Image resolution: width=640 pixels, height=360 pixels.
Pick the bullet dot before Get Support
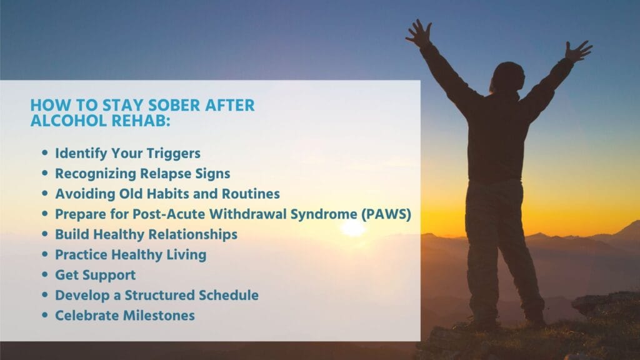pos(44,275)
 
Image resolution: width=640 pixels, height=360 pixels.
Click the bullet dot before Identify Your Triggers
pos(44,153)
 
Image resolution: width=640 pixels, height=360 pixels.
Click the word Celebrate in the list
pos(84,316)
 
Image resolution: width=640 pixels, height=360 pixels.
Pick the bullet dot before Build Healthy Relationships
pos(44,234)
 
